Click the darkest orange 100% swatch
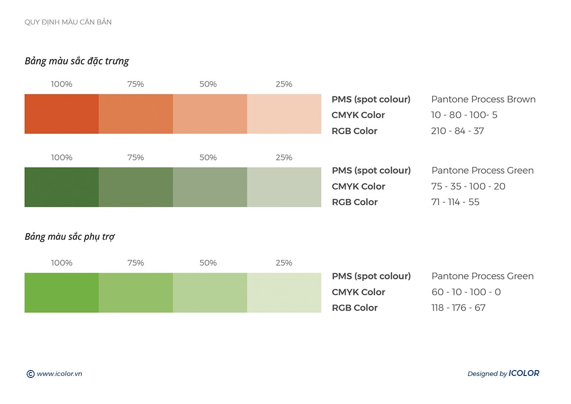click(x=62, y=114)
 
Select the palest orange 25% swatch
click(x=284, y=114)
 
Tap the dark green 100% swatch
click(x=62, y=187)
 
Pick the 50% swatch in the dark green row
click(x=210, y=187)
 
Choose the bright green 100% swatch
click(x=62, y=293)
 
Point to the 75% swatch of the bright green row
click(x=136, y=293)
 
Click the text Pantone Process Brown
click(x=483, y=99)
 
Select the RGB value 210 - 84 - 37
click(x=457, y=131)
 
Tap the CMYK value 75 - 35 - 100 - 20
click(x=468, y=186)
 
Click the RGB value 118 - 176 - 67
click(x=458, y=308)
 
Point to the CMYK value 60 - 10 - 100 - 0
click(x=466, y=292)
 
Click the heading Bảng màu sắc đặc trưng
click(x=77, y=61)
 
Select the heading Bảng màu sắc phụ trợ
click(x=70, y=237)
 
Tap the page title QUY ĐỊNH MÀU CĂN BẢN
click(x=68, y=22)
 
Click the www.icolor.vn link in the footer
click(x=60, y=374)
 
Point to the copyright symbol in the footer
click(x=30, y=374)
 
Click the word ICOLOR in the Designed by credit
click(x=524, y=373)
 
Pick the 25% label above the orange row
click(x=284, y=84)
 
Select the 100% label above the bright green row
click(x=62, y=263)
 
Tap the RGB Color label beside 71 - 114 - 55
click(x=354, y=202)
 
